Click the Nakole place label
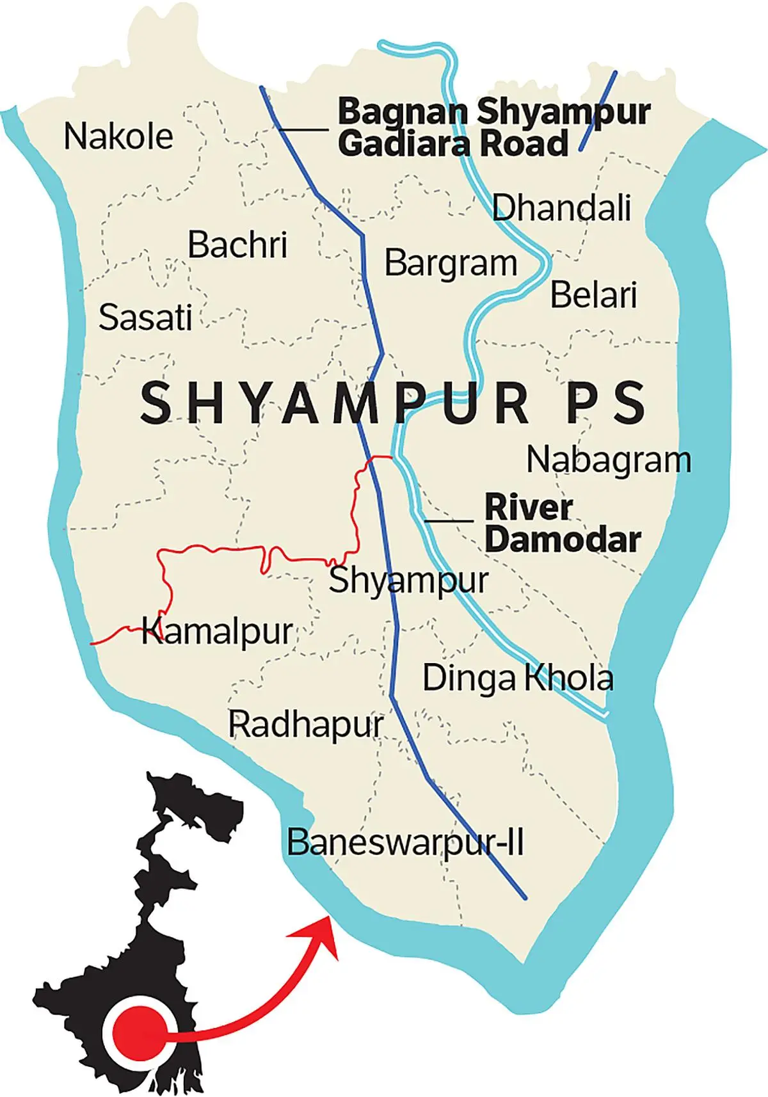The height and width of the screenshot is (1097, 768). [x=118, y=136]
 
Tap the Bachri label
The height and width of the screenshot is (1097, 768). [x=237, y=245]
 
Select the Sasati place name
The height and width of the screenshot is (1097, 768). [x=145, y=317]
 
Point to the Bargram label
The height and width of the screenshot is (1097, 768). [x=451, y=263]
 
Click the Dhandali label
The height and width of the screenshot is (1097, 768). [x=561, y=207]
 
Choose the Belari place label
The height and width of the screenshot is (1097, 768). [x=593, y=295]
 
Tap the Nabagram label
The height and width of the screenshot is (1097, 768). [x=609, y=460]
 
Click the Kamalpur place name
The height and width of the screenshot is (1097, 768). [x=217, y=632]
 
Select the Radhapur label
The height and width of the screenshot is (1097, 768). [x=306, y=725]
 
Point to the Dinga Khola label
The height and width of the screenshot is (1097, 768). [x=518, y=678]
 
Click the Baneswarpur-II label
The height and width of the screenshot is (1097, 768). [x=405, y=842]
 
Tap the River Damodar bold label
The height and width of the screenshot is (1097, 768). [x=562, y=524]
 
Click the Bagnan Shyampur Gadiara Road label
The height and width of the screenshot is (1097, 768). [x=493, y=128]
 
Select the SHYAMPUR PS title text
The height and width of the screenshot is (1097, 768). [x=393, y=403]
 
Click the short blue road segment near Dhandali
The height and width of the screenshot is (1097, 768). [x=598, y=110]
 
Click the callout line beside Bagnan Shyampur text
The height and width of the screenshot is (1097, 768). [x=303, y=130]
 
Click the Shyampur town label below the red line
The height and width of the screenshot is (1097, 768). [x=408, y=581]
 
